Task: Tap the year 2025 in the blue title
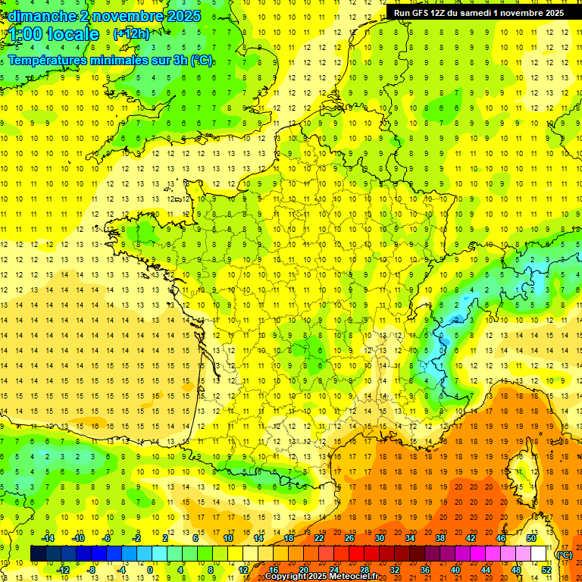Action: coord(182,16)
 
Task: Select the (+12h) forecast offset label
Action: coord(131,33)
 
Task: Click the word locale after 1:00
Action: coord(74,34)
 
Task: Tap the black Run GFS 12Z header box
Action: coord(478,13)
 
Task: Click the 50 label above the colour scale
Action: coord(530,538)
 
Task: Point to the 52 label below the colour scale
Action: coord(546,570)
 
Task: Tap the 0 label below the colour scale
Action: coord(150,570)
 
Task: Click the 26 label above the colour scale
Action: coord(349,538)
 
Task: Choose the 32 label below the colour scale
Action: coord(394,570)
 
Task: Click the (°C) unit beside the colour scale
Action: coord(565,554)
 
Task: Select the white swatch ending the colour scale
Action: coord(538,554)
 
